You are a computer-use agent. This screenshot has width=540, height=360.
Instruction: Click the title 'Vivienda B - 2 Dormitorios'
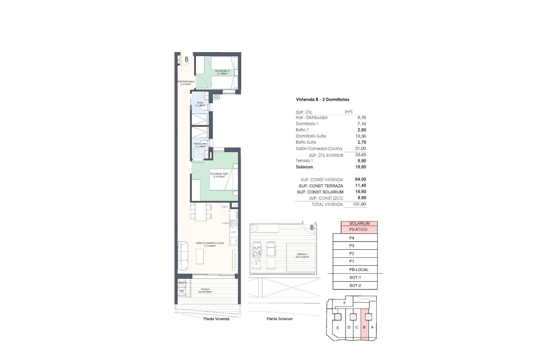click(x=322, y=100)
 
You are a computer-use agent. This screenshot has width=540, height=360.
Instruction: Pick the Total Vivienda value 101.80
click(x=360, y=204)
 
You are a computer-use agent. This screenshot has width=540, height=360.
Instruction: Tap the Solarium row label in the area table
click(x=304, y=167)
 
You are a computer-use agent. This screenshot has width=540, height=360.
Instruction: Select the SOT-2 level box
click(x=355, y=285)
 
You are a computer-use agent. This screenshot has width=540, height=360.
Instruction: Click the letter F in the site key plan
click(x=345, y=303)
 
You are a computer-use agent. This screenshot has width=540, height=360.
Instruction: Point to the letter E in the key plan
click(x=337, y=328)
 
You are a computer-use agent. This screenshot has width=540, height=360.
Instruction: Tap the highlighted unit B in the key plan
click(x=364, y=327)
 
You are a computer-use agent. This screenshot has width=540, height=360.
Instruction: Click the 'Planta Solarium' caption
click(x=280, y=319)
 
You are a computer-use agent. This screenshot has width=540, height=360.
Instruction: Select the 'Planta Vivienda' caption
click(x=216, y=319)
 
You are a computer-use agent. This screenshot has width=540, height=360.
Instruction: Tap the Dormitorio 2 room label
click(x=222, y=72)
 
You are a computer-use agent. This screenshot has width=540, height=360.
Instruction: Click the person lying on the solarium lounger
click(x=256, y=254)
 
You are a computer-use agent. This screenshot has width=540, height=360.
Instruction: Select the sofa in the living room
click(x=183, y=256)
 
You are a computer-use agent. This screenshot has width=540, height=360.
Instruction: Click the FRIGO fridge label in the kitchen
click(x=225, y=207)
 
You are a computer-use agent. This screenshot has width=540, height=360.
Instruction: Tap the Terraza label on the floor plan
click(x=205, y=290)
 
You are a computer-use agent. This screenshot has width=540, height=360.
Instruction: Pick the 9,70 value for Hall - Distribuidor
click(x=361, y=118)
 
